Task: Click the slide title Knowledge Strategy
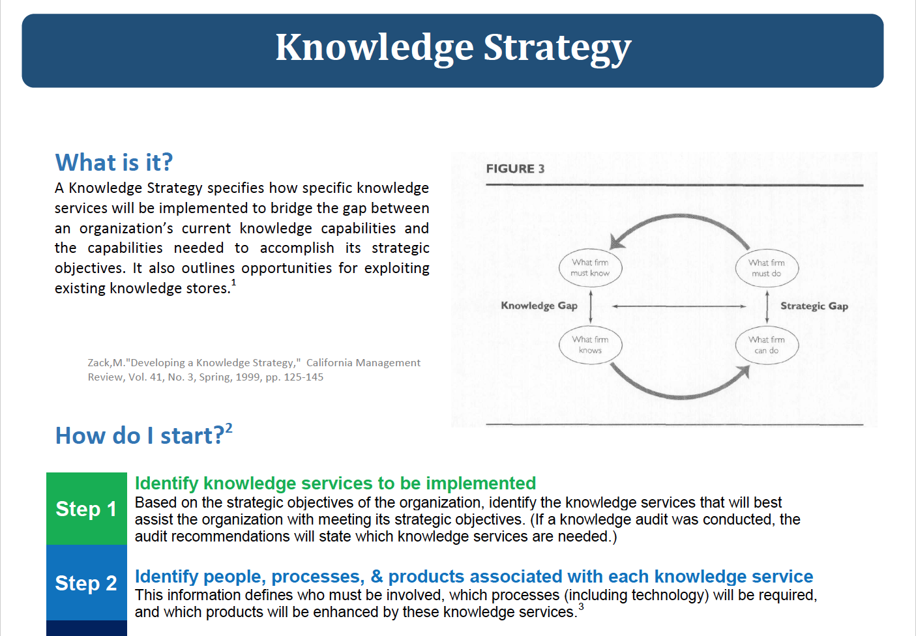pos(453,48)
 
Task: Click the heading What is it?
pos(114,162)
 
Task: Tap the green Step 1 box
pos(86,508)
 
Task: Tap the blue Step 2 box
pos(86,583)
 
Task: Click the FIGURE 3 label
pos(515,169)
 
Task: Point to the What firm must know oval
pos(590,268)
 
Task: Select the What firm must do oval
pos(767,268)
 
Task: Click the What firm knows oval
pos(590,345)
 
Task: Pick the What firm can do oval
pos(767,345)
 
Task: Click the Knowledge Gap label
pos(539,306)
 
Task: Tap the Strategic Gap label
pos(814,306)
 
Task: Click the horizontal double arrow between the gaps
pos(678,306)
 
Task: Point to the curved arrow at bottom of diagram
pos(678,393)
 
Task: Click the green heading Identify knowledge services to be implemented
pos(335,484)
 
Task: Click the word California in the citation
pos(331,363)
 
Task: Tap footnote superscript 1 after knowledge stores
pos(234,283)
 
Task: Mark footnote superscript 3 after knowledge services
pos(581,607)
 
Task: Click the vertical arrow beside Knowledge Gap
pos(591,306)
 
